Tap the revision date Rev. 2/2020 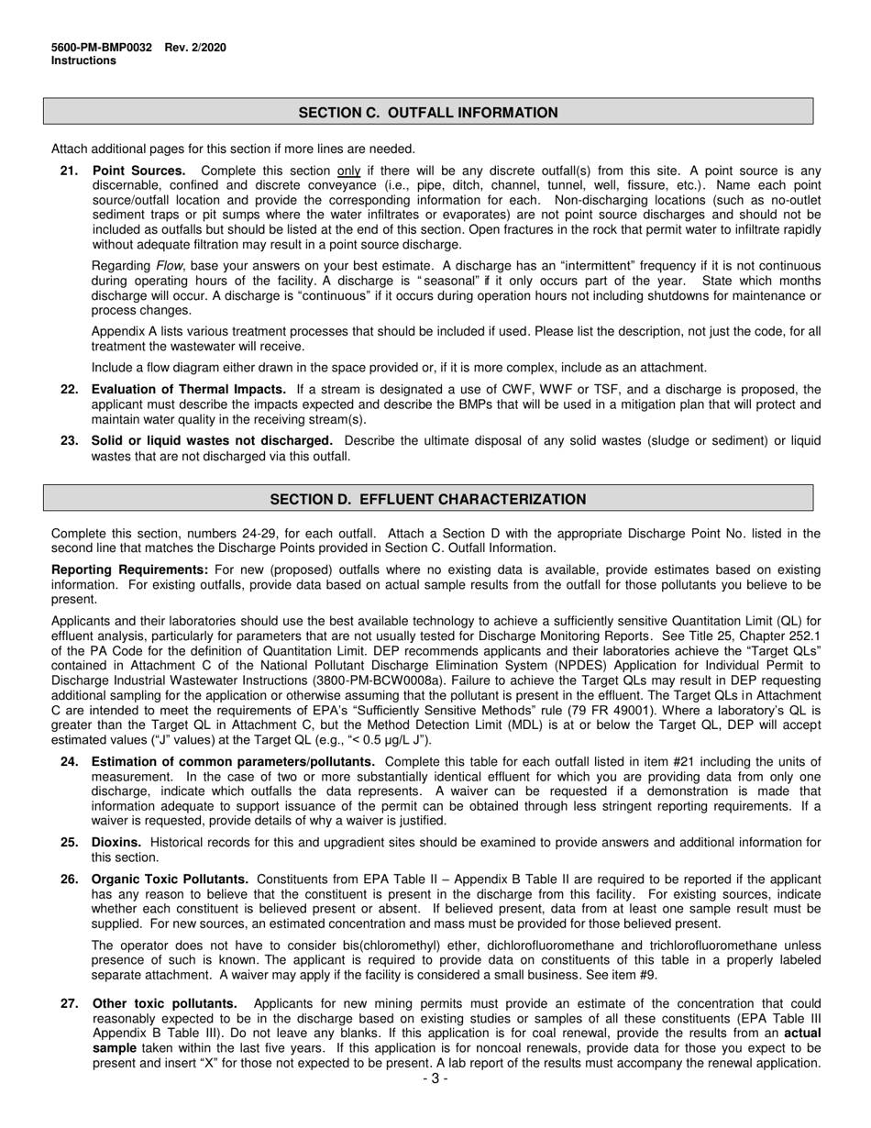click(x=195, y=48)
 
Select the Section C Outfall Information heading click(x=428, y=113)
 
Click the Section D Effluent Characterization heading click(x=428, y=500)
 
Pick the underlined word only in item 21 click(x=348, y=171)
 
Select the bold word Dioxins click(x=116, y=842)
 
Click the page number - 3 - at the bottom click(x=435, y=1078)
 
